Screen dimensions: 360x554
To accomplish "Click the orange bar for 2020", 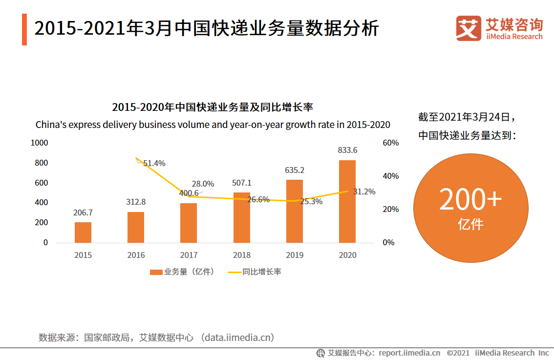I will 347,201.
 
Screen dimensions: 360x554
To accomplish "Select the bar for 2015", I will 83,233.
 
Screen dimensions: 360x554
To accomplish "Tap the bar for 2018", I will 241,217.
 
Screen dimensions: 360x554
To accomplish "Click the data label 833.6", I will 347,150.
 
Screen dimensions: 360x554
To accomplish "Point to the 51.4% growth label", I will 154,163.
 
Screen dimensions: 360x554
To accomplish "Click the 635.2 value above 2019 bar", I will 295,170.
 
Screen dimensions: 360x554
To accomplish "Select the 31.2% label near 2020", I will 364,191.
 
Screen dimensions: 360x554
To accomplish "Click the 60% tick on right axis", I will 391,143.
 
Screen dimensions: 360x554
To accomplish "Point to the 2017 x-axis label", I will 189,255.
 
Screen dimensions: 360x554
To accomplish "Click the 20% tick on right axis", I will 391,209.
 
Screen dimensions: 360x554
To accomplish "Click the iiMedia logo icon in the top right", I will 469,28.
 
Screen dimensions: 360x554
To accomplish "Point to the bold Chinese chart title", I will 213,107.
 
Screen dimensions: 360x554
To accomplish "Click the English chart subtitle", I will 213,125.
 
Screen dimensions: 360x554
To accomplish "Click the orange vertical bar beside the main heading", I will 24,29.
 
